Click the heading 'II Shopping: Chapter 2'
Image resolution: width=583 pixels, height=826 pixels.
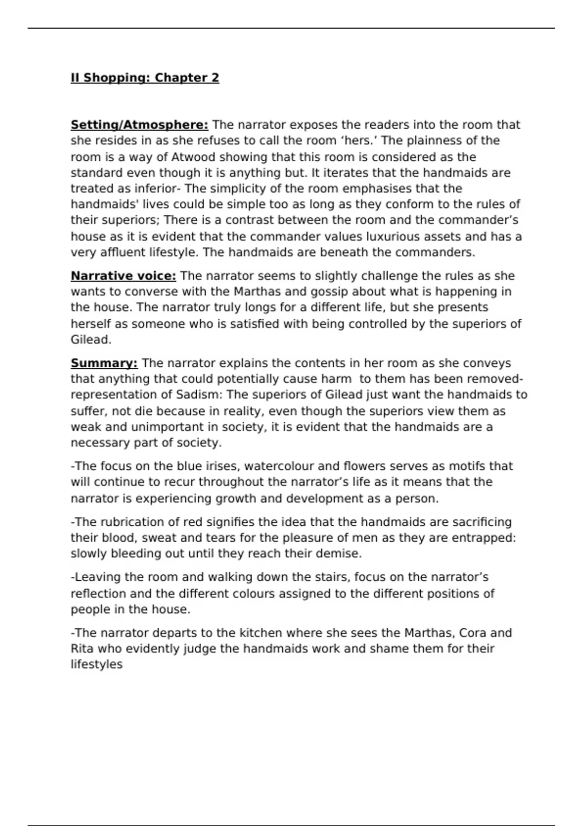(x=145, y=78)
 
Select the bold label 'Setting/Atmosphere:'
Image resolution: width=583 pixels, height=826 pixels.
(x=139, y=125)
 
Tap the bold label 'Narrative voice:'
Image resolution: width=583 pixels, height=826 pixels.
(x=123, y=276)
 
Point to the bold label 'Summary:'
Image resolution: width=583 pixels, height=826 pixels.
(x=104, y=363)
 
